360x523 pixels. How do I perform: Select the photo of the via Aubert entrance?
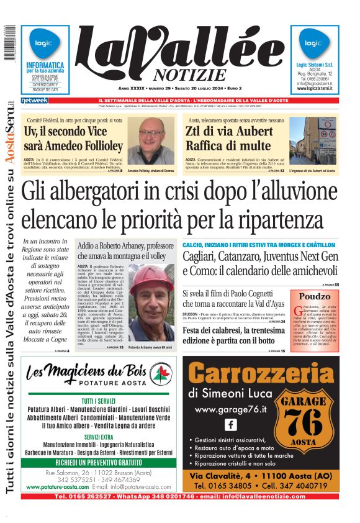312,142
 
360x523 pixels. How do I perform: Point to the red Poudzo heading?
315,296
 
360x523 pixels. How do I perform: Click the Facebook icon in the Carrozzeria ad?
230,425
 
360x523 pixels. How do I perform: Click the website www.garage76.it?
230,409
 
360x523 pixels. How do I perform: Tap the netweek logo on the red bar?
34,100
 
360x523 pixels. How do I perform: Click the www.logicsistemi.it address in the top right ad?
315,89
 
